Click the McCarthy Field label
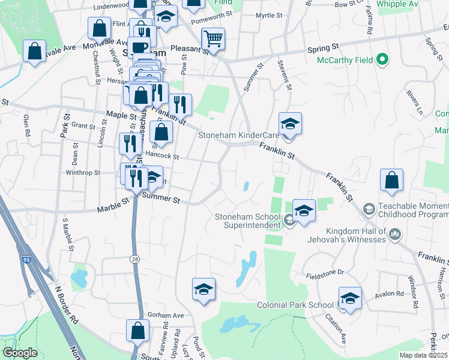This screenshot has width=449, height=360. pos(343,60)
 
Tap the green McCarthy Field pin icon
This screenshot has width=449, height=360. pos(382,60)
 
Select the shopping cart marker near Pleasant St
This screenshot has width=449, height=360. pos(213,40)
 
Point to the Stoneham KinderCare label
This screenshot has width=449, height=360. pos(239,136)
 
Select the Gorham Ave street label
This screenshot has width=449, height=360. pos(166,316)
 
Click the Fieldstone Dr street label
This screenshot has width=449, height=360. pos(324,272)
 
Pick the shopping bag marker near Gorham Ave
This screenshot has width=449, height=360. pos(137,331)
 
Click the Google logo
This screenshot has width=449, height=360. pos(20,353)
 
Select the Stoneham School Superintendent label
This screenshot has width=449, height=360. pos(248,221)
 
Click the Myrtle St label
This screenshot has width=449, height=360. pos(268,15)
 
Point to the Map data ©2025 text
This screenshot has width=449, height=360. pos(424,355)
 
